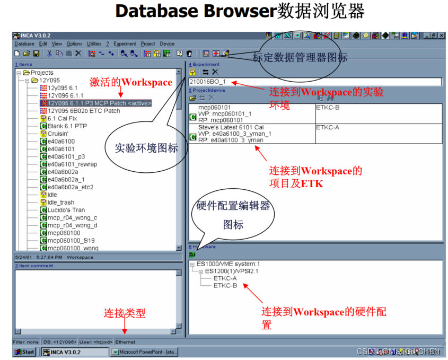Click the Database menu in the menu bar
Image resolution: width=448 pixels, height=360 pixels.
tap(24, 44)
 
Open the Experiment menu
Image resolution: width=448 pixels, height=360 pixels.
tap(124, 44)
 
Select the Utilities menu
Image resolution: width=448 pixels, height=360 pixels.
tap(94, 44)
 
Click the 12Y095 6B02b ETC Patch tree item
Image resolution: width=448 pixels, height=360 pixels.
tap(84, 111)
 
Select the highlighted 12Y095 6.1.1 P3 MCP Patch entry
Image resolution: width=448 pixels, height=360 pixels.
tap(99, 103)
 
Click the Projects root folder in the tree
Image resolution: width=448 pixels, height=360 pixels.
tap(42, 73)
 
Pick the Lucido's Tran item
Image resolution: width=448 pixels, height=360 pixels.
tap(66, 210)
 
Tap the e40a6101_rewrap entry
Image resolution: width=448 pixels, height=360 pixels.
tap(72, 164)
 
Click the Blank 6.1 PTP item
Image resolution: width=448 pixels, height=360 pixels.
tap(67, 126)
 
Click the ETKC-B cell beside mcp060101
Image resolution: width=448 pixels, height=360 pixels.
tap(329, 107)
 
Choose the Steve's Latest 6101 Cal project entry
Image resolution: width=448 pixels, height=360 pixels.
tap(231, 127)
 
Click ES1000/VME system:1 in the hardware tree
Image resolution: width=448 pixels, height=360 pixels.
tap(228, 264)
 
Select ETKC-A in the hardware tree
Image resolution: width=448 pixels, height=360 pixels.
tap(225, 278)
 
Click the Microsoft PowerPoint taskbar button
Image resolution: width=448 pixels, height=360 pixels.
tap(144, 352)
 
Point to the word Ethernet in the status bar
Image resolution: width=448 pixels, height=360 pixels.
tap(125, 342)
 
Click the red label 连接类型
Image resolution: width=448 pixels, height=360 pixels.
tap(124, 313)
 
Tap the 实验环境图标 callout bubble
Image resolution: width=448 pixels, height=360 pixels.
tap(146, 148)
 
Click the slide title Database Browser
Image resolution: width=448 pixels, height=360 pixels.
tap(194, 12)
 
